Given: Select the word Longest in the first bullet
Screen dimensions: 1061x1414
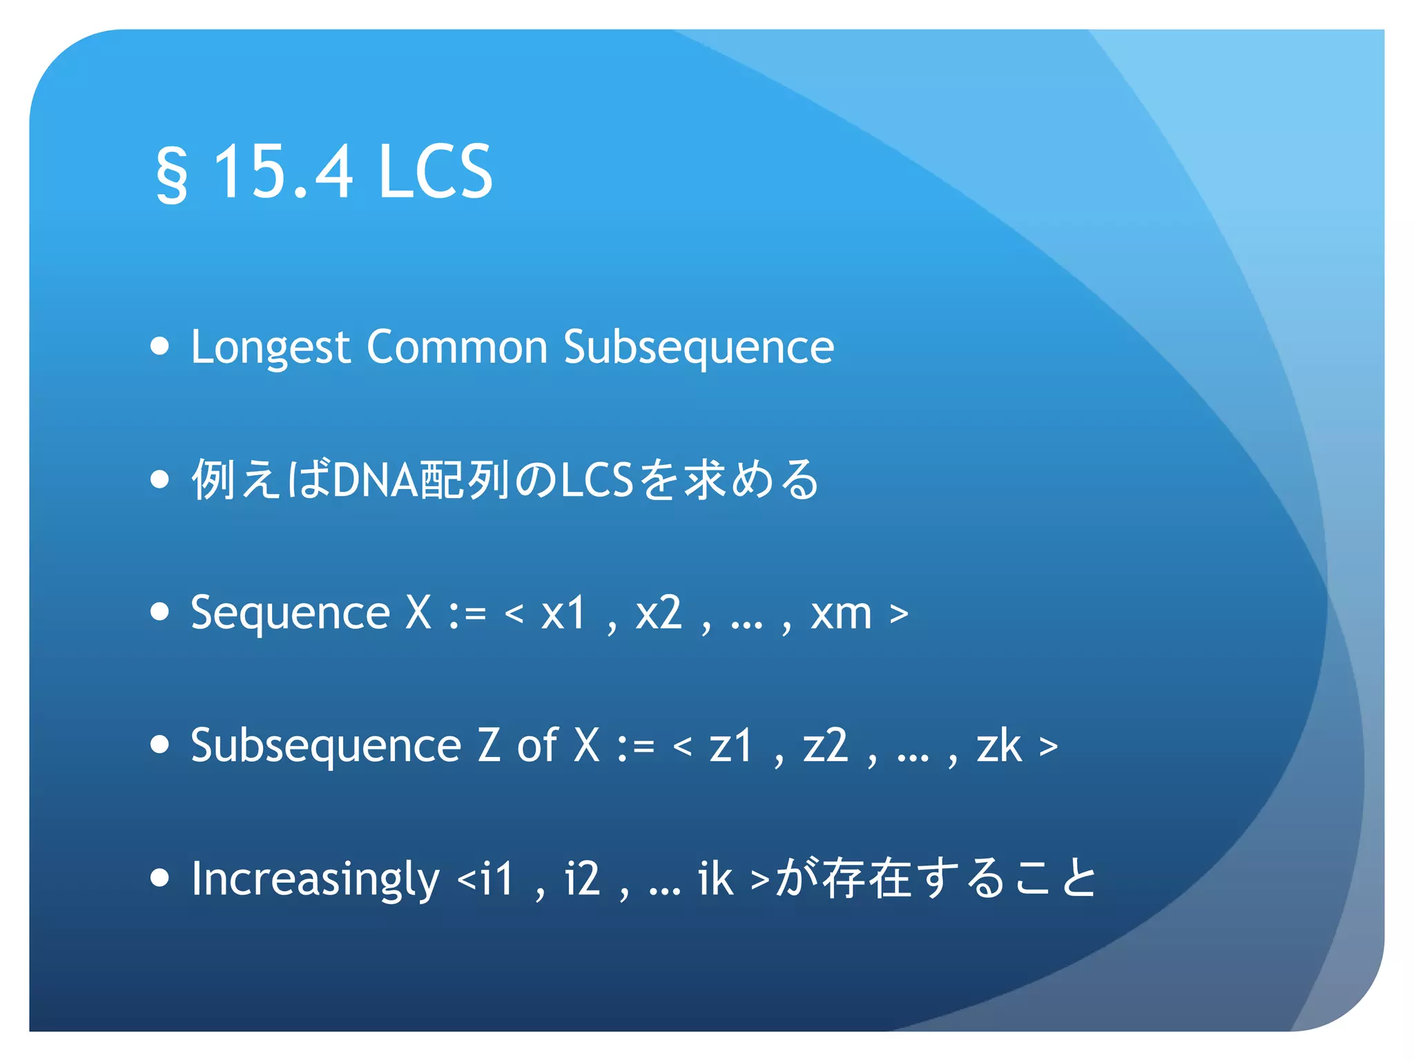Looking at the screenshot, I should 271,347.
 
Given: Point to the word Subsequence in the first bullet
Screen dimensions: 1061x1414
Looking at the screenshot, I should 699,347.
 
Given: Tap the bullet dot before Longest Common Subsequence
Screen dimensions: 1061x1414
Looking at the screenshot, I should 159,345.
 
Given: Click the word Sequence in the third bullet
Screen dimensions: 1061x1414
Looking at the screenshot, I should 290,613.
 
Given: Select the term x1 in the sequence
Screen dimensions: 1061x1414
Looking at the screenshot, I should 563,612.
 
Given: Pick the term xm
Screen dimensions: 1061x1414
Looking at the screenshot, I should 841,613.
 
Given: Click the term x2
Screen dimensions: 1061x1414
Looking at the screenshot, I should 658,612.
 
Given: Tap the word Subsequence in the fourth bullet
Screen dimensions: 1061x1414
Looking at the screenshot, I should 325,746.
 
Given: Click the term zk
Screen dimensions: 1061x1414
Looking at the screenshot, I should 998,746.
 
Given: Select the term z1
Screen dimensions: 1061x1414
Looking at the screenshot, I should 730,746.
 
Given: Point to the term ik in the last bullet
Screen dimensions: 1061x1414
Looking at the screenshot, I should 715,879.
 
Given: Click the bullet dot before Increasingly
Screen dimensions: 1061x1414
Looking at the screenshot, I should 159,877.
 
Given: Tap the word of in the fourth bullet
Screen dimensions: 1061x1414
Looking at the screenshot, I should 537,746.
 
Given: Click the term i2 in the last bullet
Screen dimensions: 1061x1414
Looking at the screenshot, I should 582,879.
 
